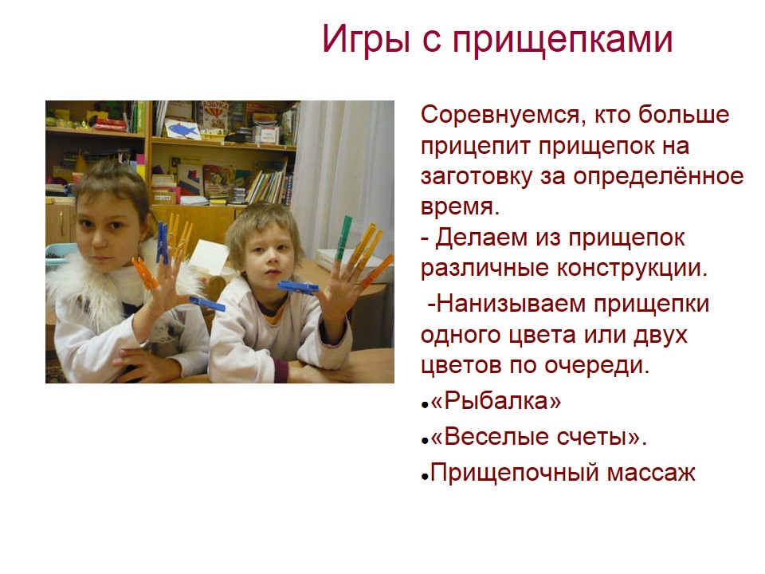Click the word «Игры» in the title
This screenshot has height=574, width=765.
coord(366,40)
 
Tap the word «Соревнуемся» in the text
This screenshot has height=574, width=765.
coord(501,116)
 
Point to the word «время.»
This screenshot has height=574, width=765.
coord(460,207)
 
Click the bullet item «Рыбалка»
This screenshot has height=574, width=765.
coord(496,402)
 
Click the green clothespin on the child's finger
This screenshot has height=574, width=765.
coord(344,238)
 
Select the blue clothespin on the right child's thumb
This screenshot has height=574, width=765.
coord(297,288)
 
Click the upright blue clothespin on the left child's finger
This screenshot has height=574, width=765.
coord(163,243)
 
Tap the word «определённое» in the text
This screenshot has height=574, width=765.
coord(658,177)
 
